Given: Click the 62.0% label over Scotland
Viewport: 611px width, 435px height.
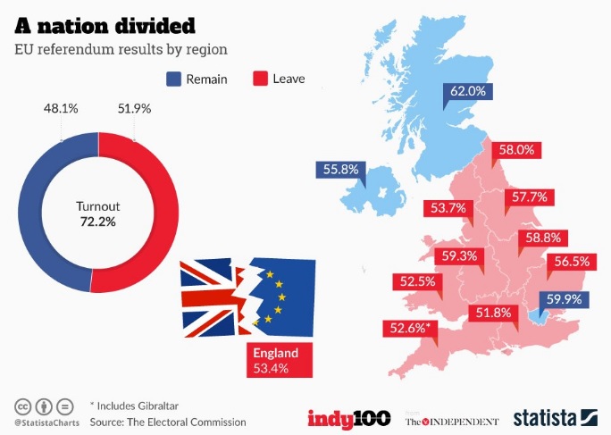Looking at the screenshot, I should click(467, 91).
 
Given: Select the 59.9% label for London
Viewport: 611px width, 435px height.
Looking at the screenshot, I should click(564, 300).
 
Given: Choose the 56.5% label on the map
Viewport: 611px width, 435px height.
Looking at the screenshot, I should click(572, 262).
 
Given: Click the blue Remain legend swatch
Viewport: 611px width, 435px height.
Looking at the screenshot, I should click(173, 79).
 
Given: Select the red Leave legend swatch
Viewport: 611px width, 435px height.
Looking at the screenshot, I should click(261, 79).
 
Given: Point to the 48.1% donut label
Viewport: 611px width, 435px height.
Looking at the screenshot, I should click(61, 108).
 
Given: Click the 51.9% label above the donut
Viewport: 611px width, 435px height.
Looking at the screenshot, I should click(134, 108).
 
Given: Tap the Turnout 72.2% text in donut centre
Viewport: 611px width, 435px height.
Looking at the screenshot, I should click(98, 213).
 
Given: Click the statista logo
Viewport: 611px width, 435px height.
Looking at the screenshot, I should click(554, 417).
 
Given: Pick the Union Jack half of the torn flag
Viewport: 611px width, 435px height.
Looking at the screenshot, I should click(213, 295).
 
